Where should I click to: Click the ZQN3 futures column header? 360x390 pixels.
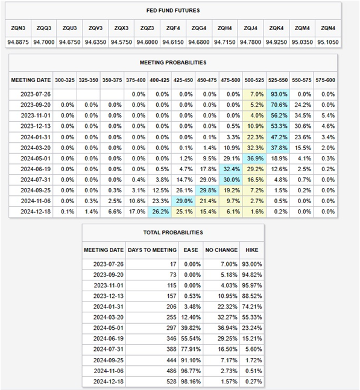coord(18,28)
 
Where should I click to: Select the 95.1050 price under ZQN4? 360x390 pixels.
coord(328,42)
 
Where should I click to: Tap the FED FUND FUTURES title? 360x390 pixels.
coord(173,10)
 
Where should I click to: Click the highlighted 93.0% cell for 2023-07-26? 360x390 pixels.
coord(279,94)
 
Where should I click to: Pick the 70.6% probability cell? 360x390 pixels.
coord(279,105)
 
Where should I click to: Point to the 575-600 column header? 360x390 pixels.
coord(326,80)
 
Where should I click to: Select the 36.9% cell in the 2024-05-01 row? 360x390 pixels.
coord(255,159)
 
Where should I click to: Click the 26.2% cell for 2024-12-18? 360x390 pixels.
coord(160,212)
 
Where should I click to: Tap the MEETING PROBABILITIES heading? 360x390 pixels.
coord(173,63)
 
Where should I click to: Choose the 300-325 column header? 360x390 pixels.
coord(65,80)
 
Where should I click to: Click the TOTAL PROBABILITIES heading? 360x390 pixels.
coord(173,233)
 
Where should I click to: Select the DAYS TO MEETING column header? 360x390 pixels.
coord(152,250)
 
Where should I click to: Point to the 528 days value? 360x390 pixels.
coord(171,382)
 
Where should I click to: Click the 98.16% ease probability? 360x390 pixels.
coord(191,382)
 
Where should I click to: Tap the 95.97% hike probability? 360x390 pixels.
coord(252,286)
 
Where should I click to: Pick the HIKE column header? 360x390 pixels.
coord(252,250)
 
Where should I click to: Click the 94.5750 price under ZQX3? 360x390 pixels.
coord(121,42)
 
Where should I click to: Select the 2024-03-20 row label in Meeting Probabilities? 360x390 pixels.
coord(36,148)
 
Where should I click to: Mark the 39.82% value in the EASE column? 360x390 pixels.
coord(191,328)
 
